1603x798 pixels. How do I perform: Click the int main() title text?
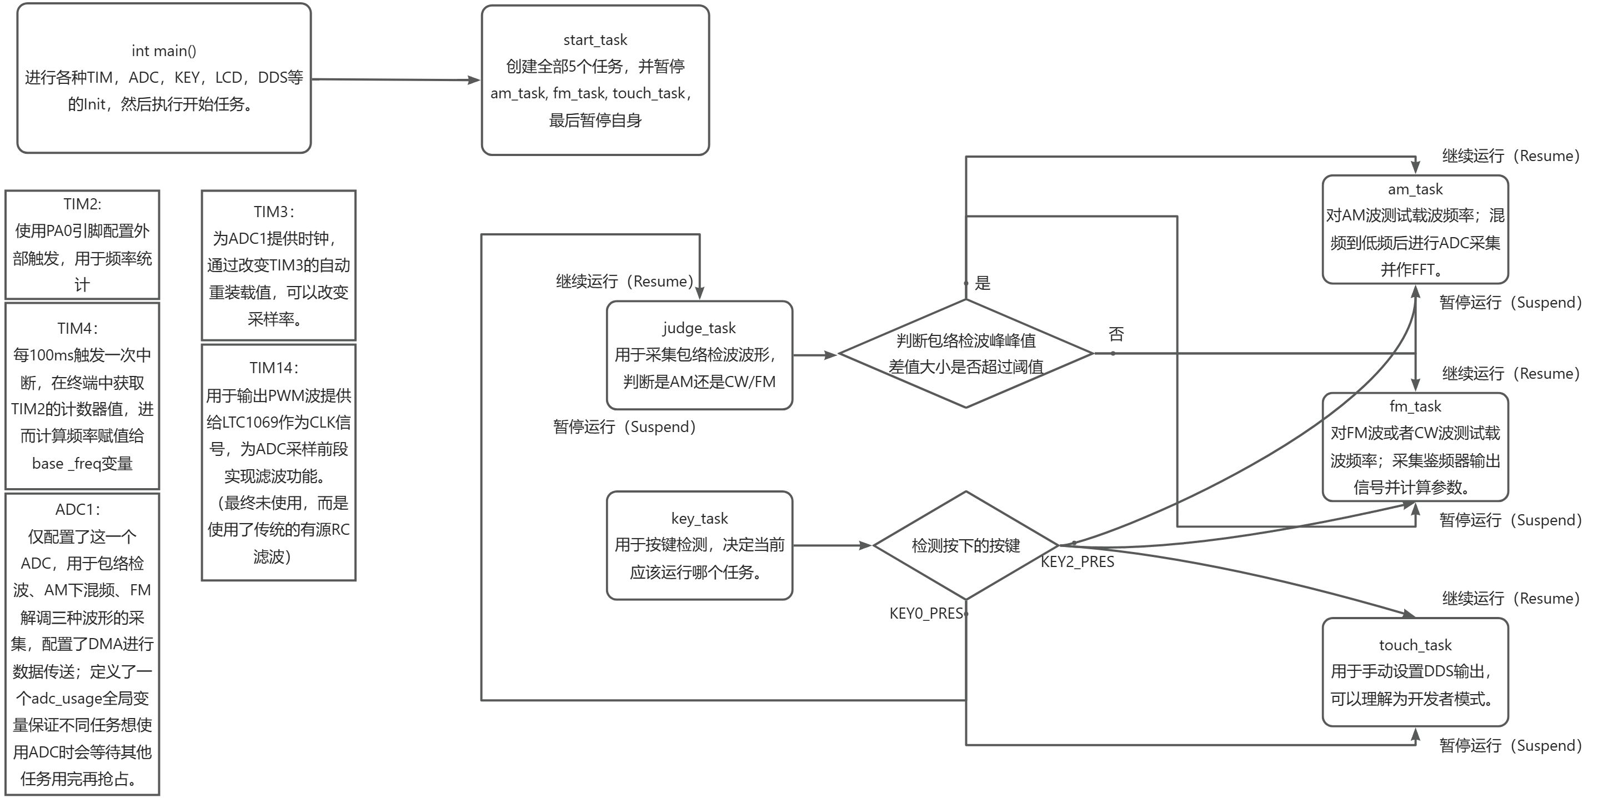[164, 51]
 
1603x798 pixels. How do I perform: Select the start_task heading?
[595, 41]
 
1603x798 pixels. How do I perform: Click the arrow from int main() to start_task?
[396, 79]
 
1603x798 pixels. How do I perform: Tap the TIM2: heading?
[82, 204]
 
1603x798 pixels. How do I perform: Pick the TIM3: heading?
[274, 212]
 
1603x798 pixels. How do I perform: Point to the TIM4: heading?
[78, 328]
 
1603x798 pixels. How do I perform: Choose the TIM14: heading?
[274, 368]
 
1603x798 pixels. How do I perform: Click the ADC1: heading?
[78, 510]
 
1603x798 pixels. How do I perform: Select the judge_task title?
[699, 328]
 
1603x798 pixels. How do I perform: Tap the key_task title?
[699, 519]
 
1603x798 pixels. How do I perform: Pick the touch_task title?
[1415, 645]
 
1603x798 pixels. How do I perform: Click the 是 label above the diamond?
[982, 284]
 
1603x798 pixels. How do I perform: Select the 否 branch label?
[1116, 335]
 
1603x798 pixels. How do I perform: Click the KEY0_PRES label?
[926, 614]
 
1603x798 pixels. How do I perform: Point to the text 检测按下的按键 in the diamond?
[966, 546]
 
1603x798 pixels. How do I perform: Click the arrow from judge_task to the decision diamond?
[815, 355]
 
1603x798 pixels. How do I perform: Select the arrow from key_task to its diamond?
[833, 545]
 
